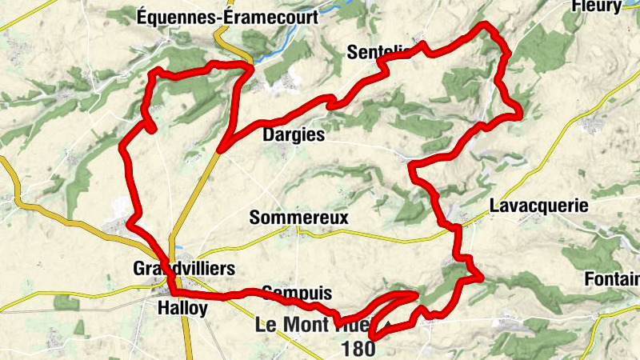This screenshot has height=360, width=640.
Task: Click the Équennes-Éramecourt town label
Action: coord(227,16)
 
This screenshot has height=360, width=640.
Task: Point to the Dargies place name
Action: coord(294,135)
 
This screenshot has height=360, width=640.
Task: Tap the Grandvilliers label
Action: coord(185,269)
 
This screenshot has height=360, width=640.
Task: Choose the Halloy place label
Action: coord(182,308)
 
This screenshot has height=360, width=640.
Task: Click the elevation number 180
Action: coord(357,350)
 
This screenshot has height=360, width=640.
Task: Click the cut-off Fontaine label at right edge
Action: coord(624,279)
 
